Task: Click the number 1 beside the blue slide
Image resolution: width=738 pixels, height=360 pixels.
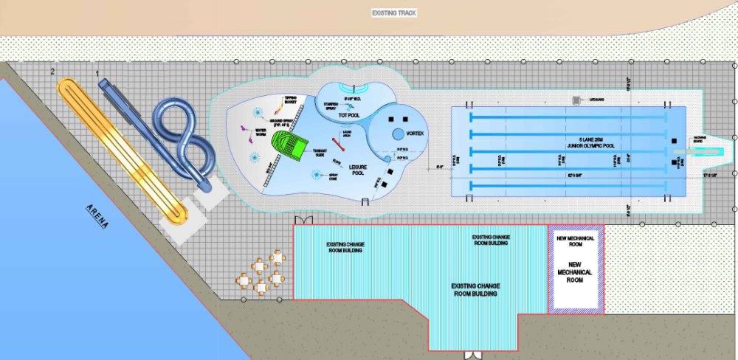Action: pyautogui.click(x=97, y=74)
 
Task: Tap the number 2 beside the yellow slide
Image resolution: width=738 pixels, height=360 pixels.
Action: pyautogui.click(x=52, y=71)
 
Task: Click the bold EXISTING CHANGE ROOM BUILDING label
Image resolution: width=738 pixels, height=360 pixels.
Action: pyautogui.click(x=474, y=288)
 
